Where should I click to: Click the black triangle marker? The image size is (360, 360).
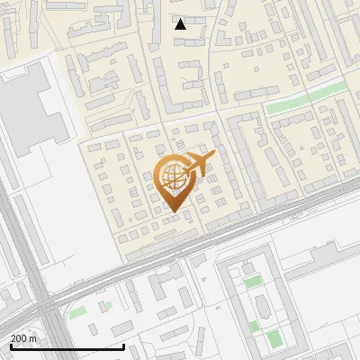tap(180, 24)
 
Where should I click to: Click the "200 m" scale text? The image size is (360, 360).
tap(23, 337)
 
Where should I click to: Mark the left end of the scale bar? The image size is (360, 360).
tap(10, 346)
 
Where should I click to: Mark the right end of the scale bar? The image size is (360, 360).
tap(123, 346)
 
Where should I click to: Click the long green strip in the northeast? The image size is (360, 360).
tap(305, 97)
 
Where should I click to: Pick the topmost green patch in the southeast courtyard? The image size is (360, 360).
tap(254, 282)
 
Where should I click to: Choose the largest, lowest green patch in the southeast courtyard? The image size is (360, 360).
tap(273, 338)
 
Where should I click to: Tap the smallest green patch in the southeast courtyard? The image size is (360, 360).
tap(254, 325)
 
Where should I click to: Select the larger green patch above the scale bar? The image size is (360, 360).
tap(78, 311)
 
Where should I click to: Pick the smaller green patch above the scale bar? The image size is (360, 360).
tap(106, 305)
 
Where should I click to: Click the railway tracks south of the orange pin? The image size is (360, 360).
tap(180, 247)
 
